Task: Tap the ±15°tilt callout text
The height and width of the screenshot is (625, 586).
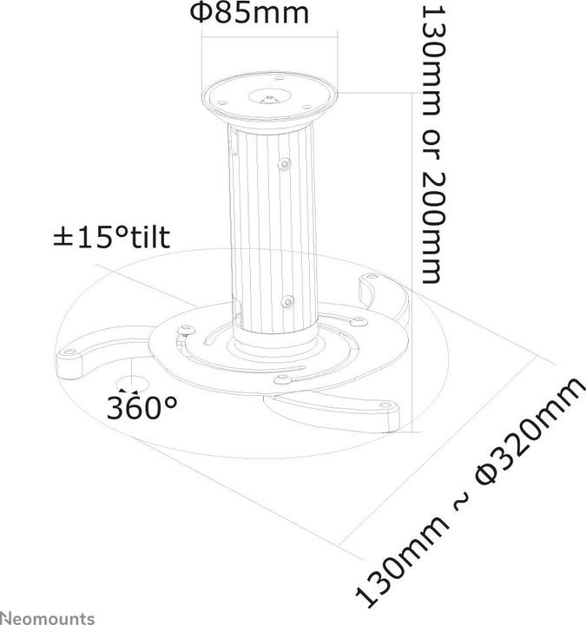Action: click(x=110, y=236)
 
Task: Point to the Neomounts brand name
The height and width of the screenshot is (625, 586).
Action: click(x=47, y=617)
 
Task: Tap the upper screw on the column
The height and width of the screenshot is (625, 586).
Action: click(x=284, y=162)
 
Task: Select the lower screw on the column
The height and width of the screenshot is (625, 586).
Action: click(x=286, y=301)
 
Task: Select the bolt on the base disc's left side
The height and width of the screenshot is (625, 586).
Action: click(x=182, y=330)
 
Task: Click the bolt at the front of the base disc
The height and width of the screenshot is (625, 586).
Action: click(x=280, y=379)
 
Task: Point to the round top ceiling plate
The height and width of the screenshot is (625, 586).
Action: click(x=268, y=96)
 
